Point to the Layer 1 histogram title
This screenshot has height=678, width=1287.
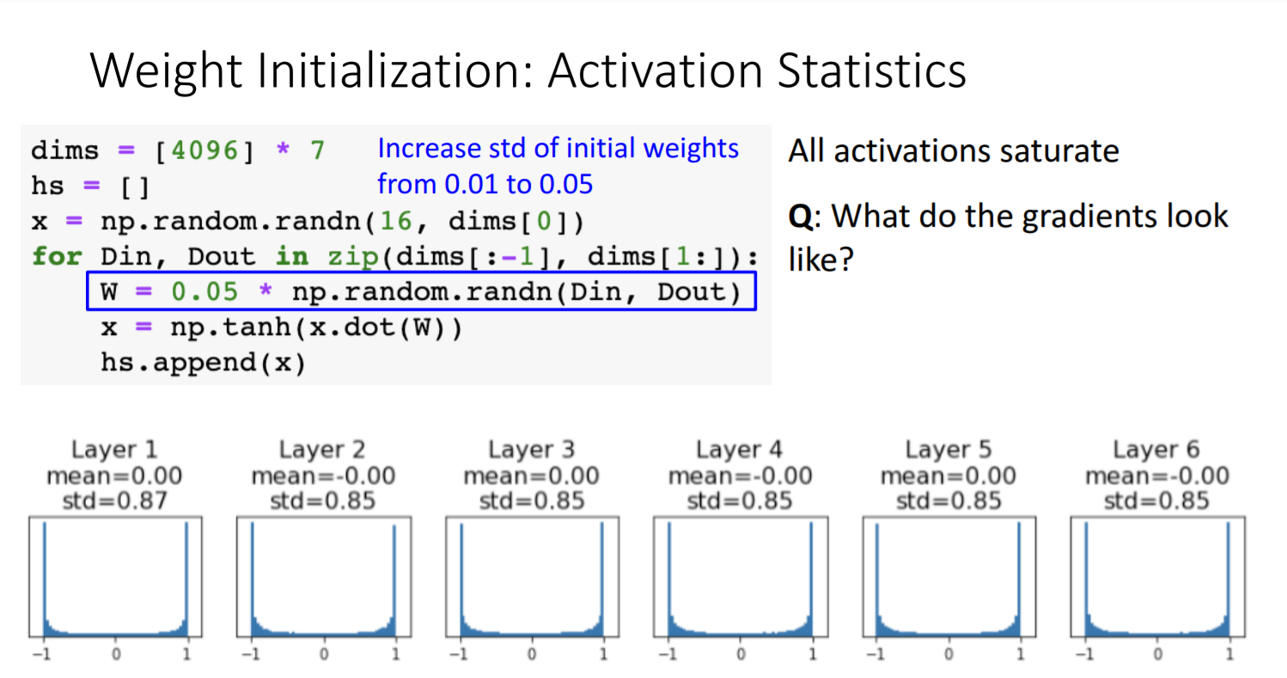[114, 449]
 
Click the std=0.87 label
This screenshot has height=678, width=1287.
[114, 500]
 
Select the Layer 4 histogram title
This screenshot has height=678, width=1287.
[740, 449]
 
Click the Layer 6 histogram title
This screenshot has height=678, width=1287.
[1156, 449]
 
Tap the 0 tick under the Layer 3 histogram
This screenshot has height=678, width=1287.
[532, 654]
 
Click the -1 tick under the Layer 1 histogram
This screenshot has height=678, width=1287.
[42, 654]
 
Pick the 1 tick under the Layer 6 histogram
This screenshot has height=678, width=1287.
[1229, 654]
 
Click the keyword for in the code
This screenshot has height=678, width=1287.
[56, 256]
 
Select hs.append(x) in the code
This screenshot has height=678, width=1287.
[203, 363]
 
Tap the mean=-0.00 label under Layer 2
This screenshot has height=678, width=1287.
[323, 475]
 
